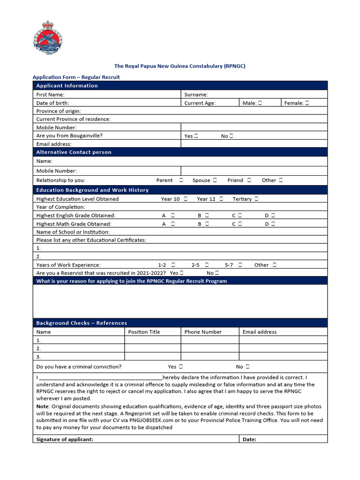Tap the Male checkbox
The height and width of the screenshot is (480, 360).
[260, 103]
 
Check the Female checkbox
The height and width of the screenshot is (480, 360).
[307, 103]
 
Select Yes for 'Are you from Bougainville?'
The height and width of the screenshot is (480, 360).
[195, 136]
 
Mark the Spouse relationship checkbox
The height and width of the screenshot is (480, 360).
[215, 180]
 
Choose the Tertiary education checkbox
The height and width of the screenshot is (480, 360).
[256, 199]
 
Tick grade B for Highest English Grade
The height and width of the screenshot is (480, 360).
[207, 216]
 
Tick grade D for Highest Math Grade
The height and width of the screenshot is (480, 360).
[273, 224]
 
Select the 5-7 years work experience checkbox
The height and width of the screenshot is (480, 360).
[240, 265]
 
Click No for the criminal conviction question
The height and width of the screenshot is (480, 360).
[247, 367]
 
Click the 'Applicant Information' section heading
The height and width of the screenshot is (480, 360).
[67, 86]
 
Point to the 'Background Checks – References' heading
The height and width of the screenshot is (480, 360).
[82, 323]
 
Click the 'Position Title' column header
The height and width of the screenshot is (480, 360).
[144, 332]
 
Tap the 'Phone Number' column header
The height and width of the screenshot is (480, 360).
[203, 332]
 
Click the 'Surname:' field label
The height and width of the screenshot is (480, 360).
[196, 95]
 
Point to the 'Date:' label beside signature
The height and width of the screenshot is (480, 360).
[249, 439]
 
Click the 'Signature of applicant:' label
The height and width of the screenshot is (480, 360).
[65, 439]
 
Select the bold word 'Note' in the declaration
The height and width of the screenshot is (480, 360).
[43, 406]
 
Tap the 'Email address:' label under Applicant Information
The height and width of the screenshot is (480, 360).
[54, 144]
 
